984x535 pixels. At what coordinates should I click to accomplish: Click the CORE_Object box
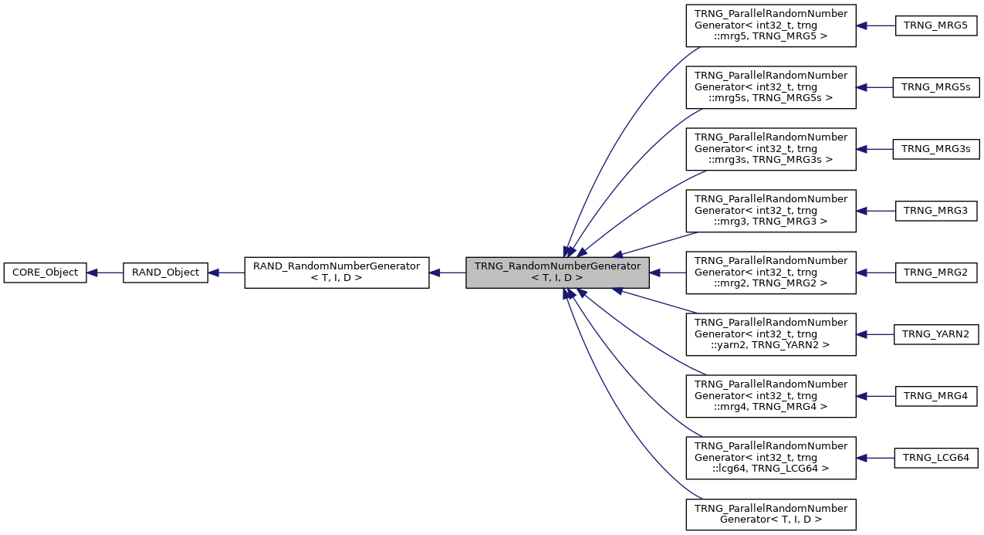coord(45,273)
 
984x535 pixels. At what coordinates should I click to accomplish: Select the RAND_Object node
coord(165,273)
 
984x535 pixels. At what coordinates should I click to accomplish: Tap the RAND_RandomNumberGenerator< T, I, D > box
coord(336,273)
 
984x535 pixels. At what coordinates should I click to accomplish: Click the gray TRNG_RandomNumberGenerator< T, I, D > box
coord(557,273)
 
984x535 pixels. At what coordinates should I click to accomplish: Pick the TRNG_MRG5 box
coord(936,25)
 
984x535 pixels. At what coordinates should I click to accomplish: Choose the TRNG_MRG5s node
coord(936,87)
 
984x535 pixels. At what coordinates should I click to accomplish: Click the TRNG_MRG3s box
coord(936,149)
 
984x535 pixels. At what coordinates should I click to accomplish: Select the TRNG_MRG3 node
coord(936,211)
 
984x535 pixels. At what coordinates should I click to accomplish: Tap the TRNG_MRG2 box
coord(936,273)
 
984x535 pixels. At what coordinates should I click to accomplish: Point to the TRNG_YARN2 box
coord(936,334)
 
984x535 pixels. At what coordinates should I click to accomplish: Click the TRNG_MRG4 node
coord(936,396)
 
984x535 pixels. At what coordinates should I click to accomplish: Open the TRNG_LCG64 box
coord(936,458)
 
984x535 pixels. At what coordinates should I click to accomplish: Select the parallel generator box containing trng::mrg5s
coord(771,87)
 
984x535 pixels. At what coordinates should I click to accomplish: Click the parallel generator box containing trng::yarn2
coord(771,334)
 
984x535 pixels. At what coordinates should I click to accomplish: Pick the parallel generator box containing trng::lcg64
coord(771,458)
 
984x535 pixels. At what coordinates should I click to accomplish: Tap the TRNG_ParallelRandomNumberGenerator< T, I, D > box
coord(771,514)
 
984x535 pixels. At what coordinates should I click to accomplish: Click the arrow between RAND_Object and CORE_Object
coord(105,273)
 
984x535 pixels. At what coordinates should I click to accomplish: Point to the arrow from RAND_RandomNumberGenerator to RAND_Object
coord(226,273)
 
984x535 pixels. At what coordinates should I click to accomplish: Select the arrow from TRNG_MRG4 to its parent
coord(875,396)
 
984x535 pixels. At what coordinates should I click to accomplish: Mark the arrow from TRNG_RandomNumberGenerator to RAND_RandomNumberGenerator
coord(447,273)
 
